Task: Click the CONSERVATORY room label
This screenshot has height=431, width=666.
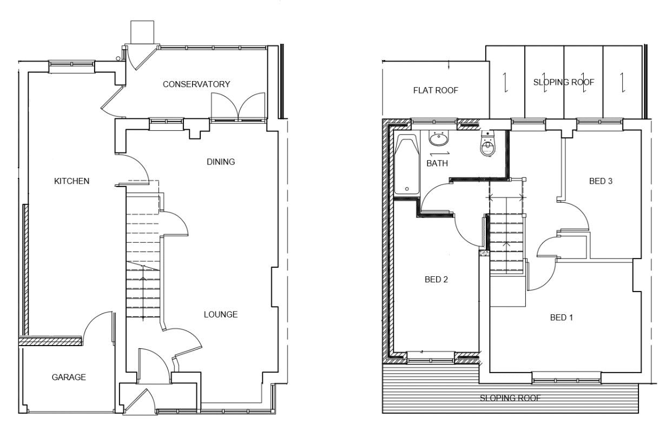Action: [196, 84]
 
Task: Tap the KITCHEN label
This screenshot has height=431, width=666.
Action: [71, 181]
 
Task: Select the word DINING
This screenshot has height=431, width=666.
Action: [221, 162]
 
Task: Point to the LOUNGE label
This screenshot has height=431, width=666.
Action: [220, 315]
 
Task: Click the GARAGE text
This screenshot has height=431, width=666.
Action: [69, 377]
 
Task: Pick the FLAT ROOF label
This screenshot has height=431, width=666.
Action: [436, 90]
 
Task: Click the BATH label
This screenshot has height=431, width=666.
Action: [437, 163]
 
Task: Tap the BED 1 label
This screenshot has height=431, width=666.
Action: [561, 317]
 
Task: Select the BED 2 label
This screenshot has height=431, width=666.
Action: [436, 280]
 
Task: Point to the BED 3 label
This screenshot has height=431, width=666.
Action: [601, 181]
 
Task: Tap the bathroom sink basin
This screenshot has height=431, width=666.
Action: [439, 140]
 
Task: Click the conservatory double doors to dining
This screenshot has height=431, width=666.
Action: [238, 107]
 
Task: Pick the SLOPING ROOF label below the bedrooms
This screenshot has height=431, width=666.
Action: [510, 399]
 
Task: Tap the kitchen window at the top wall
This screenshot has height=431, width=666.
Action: [70, 66]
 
